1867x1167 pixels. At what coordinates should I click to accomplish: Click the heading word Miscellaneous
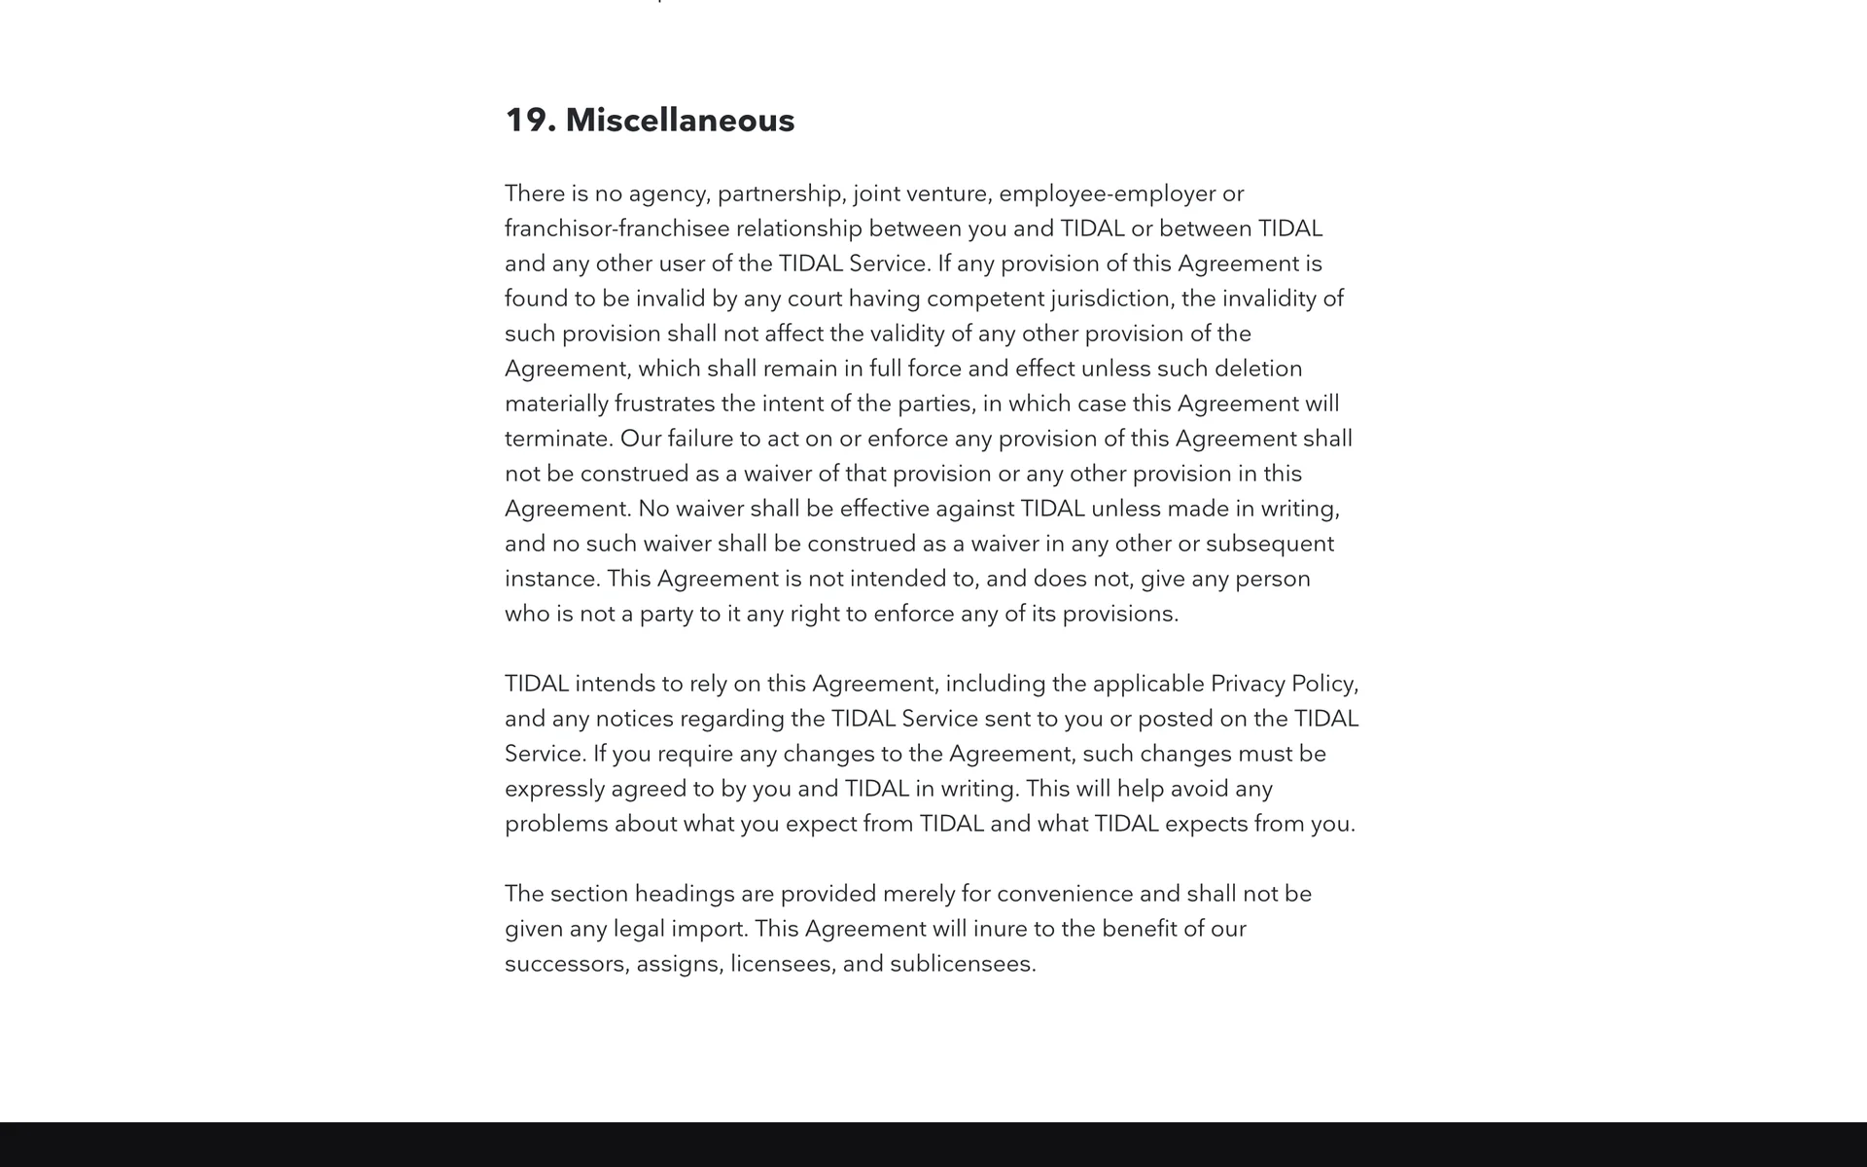pyautogui.click(x=680, y=121)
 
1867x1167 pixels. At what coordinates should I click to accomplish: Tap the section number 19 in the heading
pyautogui.click(x=526, y=121)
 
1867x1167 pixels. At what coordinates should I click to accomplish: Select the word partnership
pyautogui.click(x=782, y=194)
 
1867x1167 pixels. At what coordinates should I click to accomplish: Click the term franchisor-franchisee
pyautogui.click(x=616, y=229)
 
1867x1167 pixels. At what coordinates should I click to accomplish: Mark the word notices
pyautogui.click(x=634, y=719)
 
